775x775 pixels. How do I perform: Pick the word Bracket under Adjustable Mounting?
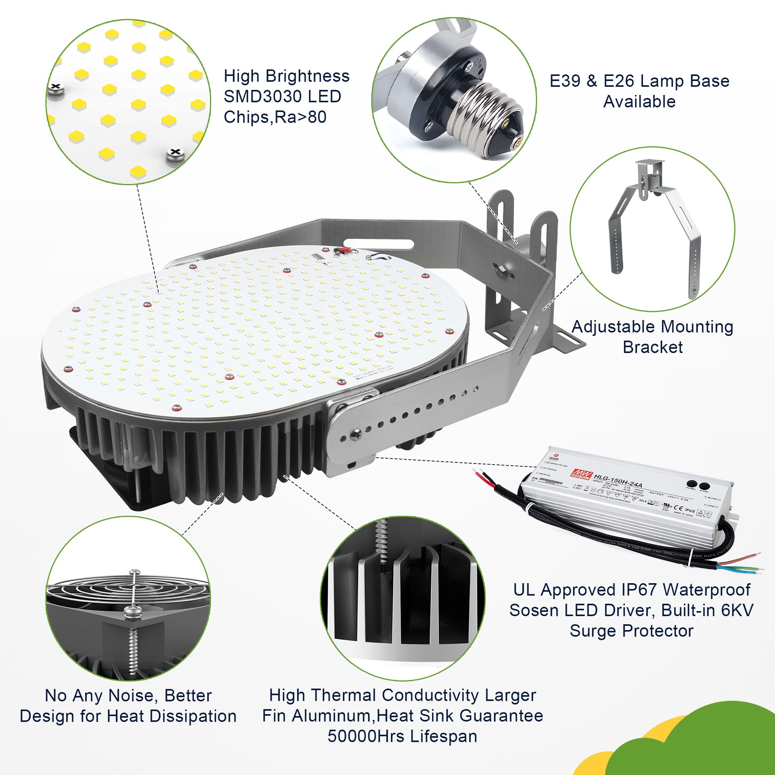point(653,347)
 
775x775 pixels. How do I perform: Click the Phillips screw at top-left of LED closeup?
point(55,90)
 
